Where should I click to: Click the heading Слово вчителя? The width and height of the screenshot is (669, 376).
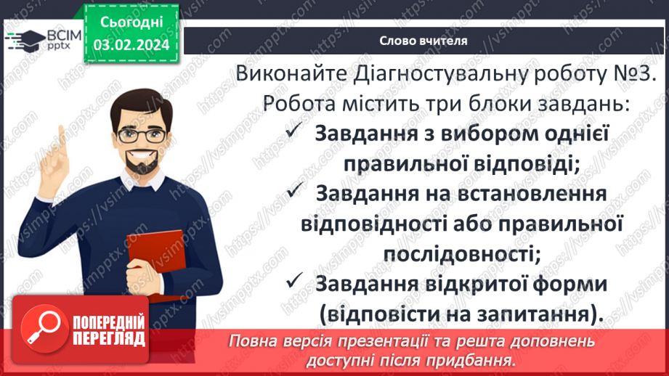(x=423, y=41)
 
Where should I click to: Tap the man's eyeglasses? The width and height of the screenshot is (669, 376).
(x=150, y=134)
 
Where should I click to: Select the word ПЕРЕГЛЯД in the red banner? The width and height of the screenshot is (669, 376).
(x=108, y=338)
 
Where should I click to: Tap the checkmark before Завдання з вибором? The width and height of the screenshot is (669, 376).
(x=294, y=133)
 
